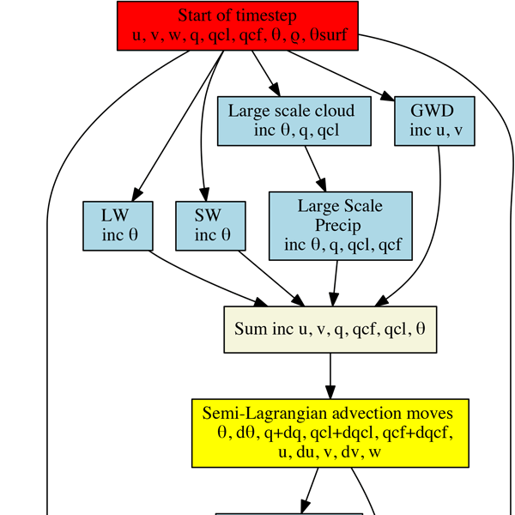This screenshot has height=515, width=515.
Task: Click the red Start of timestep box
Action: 237,25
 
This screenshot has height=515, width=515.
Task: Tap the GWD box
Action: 434,120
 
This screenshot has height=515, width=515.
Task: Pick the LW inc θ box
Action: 118,226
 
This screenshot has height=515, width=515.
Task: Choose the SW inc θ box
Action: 209,226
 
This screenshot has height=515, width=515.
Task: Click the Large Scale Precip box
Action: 340,226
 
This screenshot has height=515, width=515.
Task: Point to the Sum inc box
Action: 330,329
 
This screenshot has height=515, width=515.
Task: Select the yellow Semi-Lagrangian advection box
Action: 330,433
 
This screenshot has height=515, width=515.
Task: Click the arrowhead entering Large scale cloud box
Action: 275,90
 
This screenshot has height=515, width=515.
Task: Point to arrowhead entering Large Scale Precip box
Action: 322,185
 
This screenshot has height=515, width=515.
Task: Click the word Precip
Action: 341,226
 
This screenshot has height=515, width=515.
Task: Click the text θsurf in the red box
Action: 336,34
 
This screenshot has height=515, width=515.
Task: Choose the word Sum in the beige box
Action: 250,330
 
